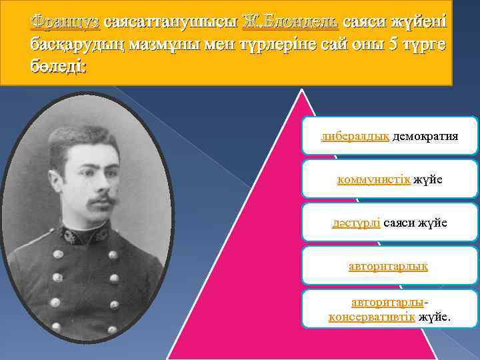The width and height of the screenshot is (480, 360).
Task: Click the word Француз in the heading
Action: (x=65, y=22)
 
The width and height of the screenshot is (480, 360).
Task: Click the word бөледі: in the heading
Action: (x=58, y=69)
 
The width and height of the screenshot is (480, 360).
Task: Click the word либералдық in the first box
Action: (x=355, y=137)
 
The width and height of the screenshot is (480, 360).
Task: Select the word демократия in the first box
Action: (x=425, y=137)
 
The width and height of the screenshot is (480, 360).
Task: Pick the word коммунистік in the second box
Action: (x=374, y=180)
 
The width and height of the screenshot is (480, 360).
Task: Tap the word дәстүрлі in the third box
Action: (x=356, y=223)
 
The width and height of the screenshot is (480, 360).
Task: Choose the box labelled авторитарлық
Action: (x=389, y=265)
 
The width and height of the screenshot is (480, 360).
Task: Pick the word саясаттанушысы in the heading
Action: (x=171, y=22)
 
